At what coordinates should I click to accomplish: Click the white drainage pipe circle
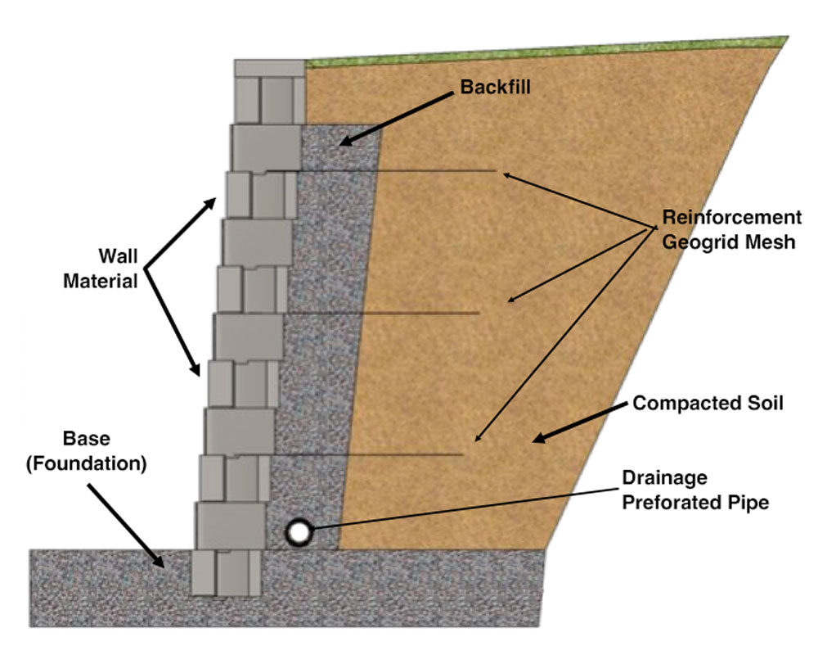click(x=299, y=532)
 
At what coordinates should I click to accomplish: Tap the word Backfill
click(x=495, y=86)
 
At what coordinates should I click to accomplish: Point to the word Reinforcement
click(x=731, y=219)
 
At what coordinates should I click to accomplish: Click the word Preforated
click(x=663, y=502)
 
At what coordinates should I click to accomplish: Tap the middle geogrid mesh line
click(x=409, y=313)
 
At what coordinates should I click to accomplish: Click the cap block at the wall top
click(x=269, y=68)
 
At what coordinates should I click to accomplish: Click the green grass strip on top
click(x=540, y=51)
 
